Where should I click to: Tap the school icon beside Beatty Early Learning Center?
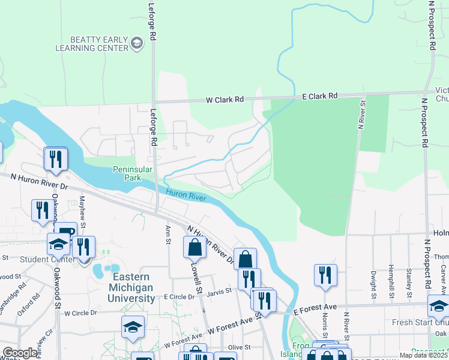pyautogui.click(x=137, y=43)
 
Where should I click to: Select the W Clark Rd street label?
pyautogui.click(x=225, y=99)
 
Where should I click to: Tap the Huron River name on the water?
pyautogui.click(x=185, y=194)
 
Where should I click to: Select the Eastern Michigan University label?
pyautogui.click(x=135, y=287)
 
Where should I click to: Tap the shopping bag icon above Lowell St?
pyautogui.click(x=194, y=247)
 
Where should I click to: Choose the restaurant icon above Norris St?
pyautogui.click(x=325, y=275)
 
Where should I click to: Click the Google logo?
pyautogui.click(x=20, y=353)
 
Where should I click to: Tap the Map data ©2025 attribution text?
pyautogui.click(x=423, y=355)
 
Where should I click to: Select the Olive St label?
pyautogui.click(x=238, y=347)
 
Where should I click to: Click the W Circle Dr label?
pyautogui.click(x=80, y=313)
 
